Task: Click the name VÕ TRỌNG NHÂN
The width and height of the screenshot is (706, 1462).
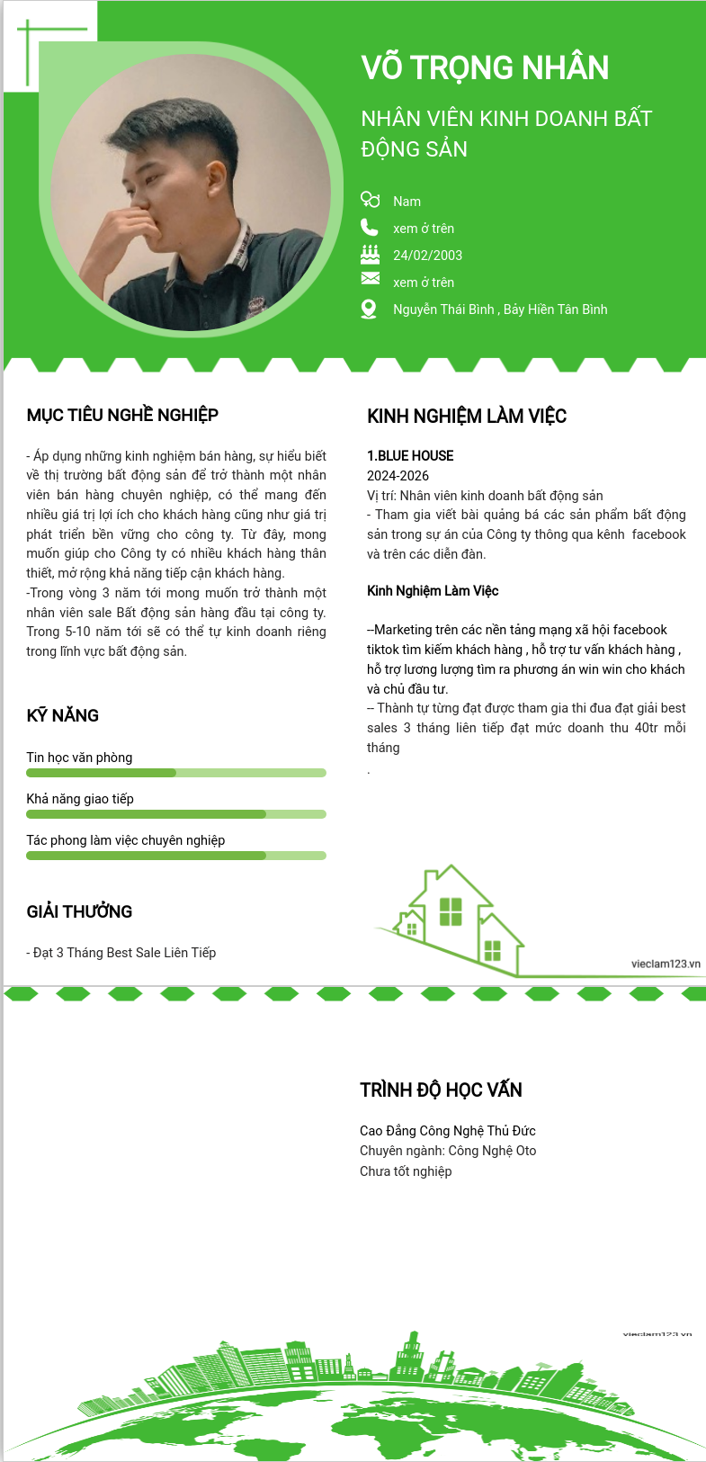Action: pyautogui.click(x=485, y=68)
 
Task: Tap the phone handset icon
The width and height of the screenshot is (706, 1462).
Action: pyautogui.click(x=369, y=227)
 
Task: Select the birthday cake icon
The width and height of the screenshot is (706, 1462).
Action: pyautogui.click(x=370, y=254)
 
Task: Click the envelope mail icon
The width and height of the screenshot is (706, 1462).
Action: pyautogui.click(x=370, y=279)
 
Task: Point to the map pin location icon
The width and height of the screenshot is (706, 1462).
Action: pyautogui.click(x=369, y=309)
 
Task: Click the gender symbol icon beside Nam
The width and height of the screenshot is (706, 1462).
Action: pyautogui.click(x=370, y=199)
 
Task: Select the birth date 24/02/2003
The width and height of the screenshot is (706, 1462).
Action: pyautogui.click(x=427, y=256)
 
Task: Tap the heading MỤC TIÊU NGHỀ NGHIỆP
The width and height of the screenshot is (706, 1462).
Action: pyautogui.click(x=122, y=415)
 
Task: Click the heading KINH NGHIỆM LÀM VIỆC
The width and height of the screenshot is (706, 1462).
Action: pyautogui.click(x=467, y=416)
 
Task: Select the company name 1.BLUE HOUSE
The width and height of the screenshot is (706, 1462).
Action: pyautogui.click(x=410, y=456)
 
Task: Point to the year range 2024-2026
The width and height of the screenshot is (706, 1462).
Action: pyautogui.click(x=398, y=476)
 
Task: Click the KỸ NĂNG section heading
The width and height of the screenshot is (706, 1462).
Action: pyautogui.click(x=63, y=715)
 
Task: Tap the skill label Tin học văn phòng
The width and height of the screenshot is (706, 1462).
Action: pyautogui.click(x=79, y=758)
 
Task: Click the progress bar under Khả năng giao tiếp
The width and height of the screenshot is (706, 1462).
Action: pyautogui.click(x=175, y=814)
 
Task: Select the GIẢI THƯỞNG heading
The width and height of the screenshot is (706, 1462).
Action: pyautogui.click(x=79, y=911)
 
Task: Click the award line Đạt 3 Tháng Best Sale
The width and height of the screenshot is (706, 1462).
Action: pyautogui.click(x=121, y=953)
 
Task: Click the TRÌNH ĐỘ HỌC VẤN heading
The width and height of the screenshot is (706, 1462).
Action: pyautogui.click(x=441, y=1090)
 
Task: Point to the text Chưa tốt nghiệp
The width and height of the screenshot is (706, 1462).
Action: pyautogui.click(x=406, y=1171)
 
